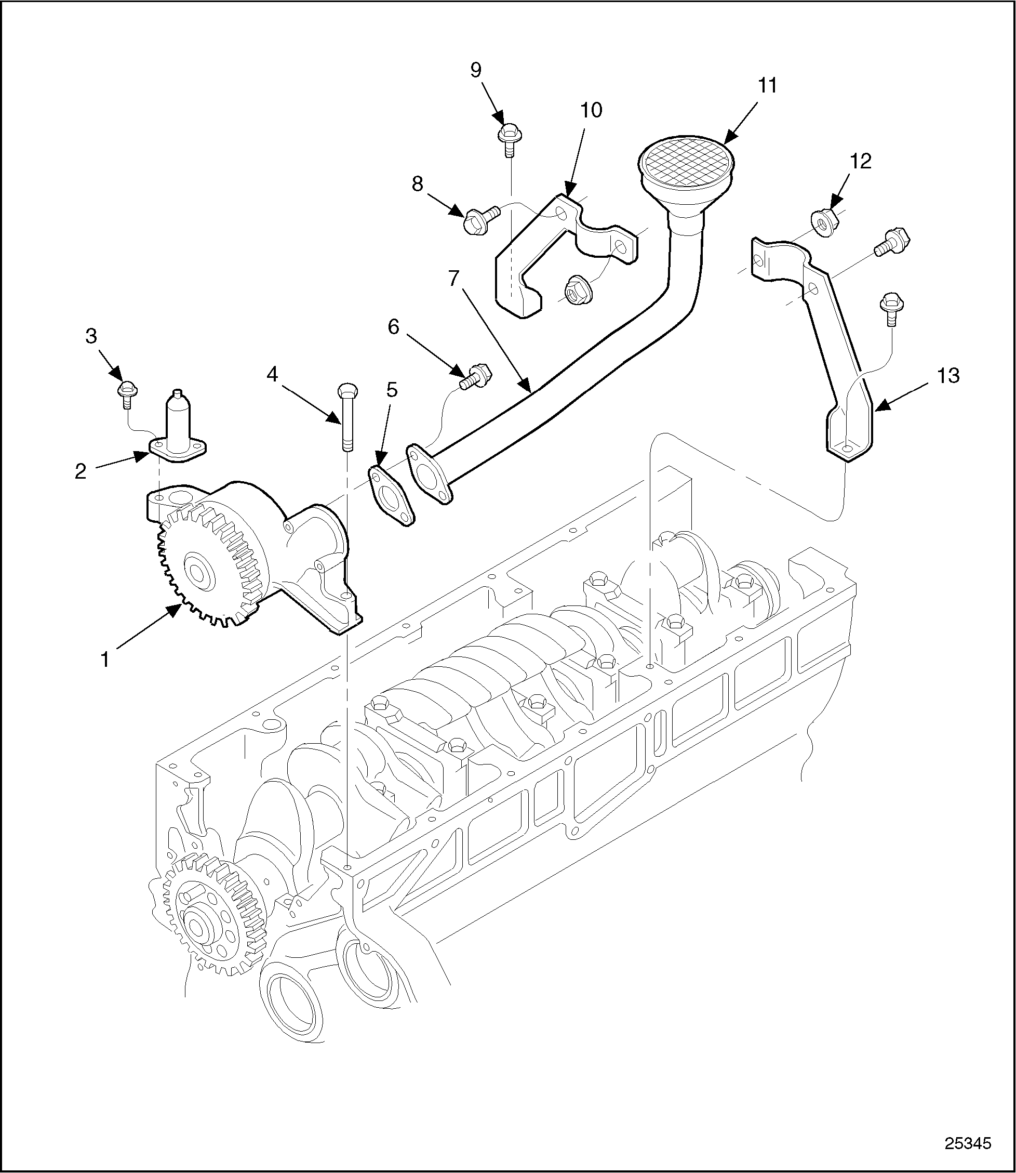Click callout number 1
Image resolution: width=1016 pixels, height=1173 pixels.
coord(105,660)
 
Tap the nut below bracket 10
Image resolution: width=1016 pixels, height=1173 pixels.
coord(578,291)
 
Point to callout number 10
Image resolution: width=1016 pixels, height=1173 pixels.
coord(591,110)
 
